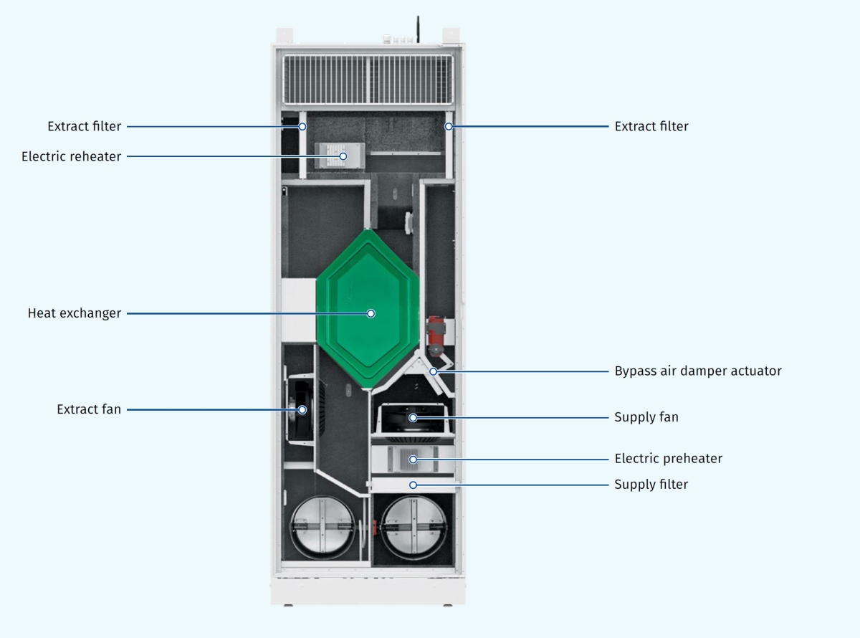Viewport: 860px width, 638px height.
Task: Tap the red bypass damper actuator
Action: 435,333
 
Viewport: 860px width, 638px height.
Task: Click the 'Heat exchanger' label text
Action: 75,313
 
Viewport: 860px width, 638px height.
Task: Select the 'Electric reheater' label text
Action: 72,156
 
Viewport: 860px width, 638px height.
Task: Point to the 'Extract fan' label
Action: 89,409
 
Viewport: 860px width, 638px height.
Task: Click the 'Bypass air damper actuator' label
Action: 697,371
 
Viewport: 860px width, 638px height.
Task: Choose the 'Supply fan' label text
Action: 646,416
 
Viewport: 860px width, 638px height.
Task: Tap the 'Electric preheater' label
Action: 668,458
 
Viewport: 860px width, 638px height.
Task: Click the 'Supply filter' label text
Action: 651,484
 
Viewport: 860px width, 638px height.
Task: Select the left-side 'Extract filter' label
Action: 85,126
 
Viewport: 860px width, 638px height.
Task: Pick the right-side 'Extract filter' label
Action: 651,126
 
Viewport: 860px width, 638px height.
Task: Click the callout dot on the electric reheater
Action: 343,156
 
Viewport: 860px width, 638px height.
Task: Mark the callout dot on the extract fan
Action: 302,410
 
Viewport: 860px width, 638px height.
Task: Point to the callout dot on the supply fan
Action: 413,417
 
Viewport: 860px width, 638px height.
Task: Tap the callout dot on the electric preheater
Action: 413,459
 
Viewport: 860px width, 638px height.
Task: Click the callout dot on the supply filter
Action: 413,485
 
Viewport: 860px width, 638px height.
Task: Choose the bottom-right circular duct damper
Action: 414,528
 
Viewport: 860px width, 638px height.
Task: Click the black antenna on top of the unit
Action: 418,29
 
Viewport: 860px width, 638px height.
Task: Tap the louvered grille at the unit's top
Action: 368,79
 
